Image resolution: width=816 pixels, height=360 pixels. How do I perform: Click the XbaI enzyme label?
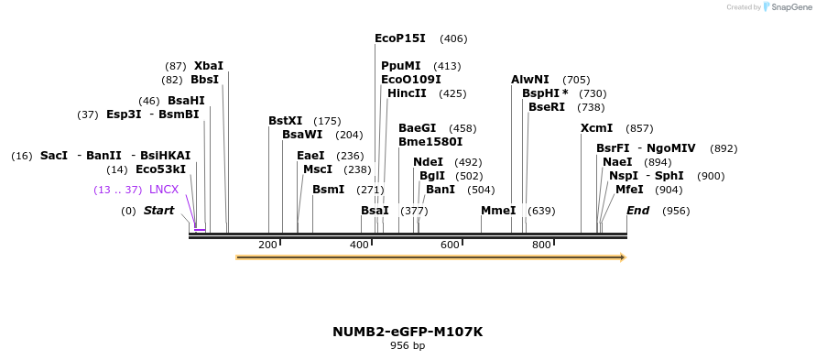click(209, 66)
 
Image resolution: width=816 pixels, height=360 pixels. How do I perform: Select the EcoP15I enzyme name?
click(400, 38)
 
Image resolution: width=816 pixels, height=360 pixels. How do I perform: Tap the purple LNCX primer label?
click(164, 190)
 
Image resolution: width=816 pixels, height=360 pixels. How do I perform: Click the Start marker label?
click(158, 211)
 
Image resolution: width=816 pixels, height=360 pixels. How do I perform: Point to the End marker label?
click(638, 211)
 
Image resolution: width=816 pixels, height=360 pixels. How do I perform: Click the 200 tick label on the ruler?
click(267, 245)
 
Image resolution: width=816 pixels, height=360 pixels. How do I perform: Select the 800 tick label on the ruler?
click(541, 245)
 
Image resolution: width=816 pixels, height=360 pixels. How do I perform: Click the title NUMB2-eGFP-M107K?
click(408, 332)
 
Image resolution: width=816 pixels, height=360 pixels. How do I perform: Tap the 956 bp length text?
click(408, 346)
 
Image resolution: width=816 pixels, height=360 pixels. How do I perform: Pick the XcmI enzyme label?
click(597, 128)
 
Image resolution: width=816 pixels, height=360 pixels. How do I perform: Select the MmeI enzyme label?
click(498, 211)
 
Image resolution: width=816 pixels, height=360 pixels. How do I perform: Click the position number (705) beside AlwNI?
click(576, 80)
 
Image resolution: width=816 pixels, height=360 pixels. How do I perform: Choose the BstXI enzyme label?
click(285, 121)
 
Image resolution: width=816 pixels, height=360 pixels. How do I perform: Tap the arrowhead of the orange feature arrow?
click(623, 257)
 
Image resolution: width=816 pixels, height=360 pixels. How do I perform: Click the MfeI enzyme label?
click(629, 190)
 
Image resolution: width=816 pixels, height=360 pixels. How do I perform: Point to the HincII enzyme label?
click(407, 93)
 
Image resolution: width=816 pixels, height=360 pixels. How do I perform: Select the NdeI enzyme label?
click(429, 162)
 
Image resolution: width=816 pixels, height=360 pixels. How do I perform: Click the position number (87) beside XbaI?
click(176, 66)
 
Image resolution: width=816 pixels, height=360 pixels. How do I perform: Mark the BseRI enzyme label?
click(547, 107)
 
